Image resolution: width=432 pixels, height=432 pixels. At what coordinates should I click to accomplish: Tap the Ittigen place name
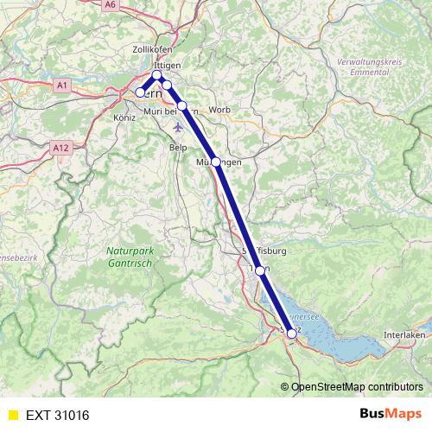coord(166,65)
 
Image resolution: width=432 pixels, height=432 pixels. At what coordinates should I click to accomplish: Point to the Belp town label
coord(178,148)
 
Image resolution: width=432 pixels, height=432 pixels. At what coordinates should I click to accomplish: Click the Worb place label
coord(220,110)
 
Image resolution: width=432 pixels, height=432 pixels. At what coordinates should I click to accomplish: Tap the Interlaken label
coord(404,334)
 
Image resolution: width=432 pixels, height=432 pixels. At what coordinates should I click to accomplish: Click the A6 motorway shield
coord(110,5)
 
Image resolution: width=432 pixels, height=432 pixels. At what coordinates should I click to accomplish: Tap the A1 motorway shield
coord(61,85)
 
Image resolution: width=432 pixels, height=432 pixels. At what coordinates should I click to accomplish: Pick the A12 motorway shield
coord(60,148)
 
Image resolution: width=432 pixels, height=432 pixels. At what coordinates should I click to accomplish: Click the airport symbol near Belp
coord(178,127)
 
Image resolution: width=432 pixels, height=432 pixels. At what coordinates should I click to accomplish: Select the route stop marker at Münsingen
coord(216,162)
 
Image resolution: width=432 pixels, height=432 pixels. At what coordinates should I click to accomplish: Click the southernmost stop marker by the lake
coord(291,333)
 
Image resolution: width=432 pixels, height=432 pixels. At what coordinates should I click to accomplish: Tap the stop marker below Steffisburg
coord(260,270)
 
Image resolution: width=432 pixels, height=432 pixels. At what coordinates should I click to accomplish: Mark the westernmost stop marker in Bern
coord(140,92)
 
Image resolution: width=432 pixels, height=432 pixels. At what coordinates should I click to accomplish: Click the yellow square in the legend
coord(12,415)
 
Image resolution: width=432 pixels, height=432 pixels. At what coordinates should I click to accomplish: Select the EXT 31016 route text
coord(58,415)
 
